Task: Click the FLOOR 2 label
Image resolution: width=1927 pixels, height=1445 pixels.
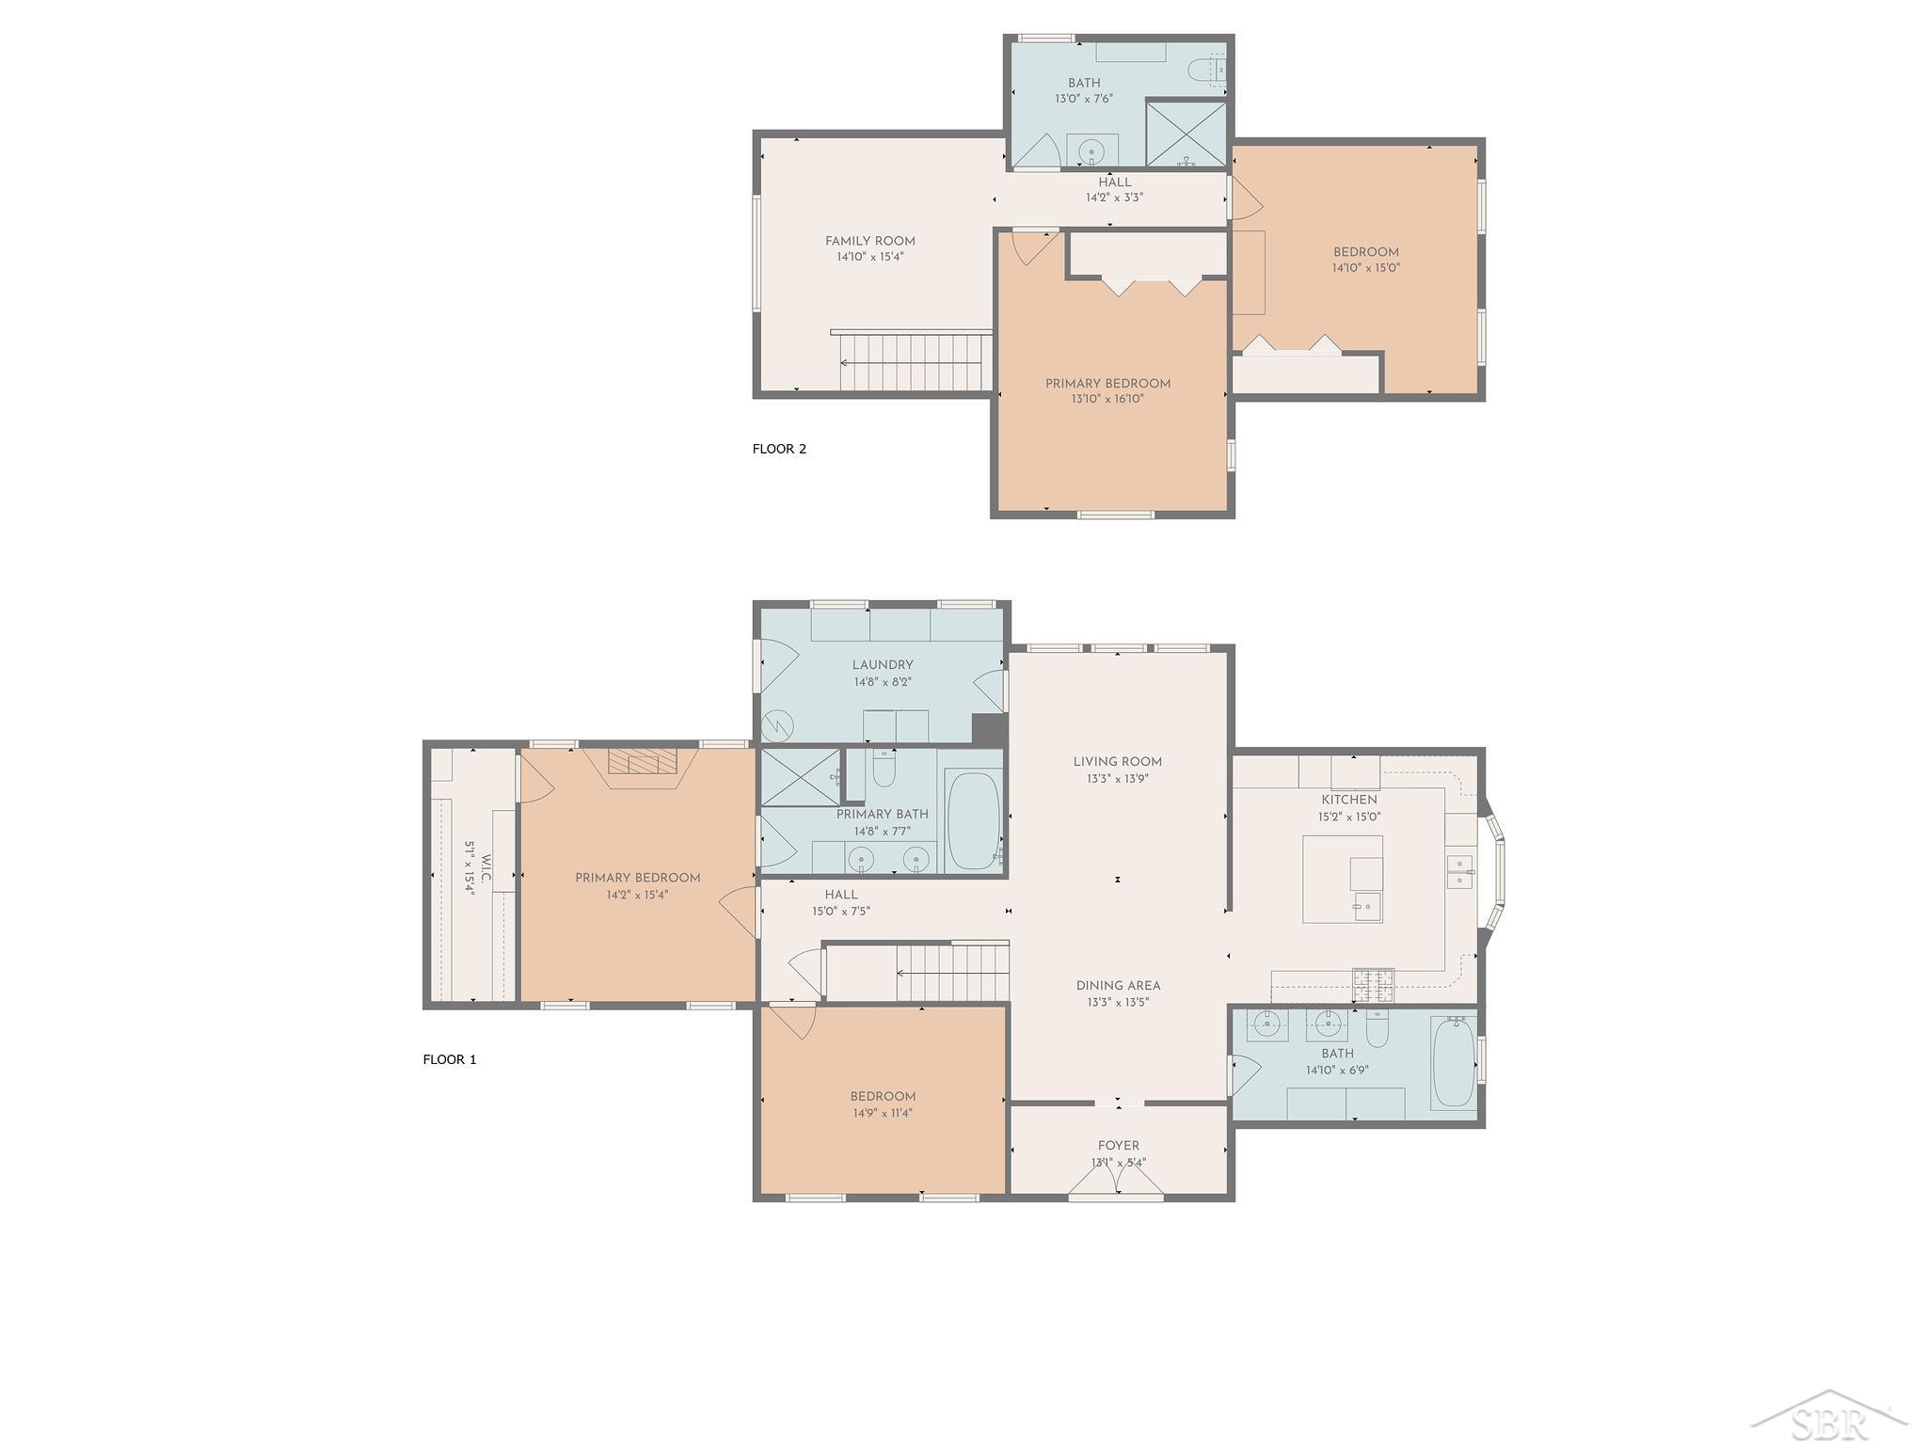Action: tap(779, 449)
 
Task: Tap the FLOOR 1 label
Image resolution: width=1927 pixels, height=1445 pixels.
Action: tap(450, 1059)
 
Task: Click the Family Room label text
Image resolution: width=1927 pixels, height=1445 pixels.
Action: tap(870, 241)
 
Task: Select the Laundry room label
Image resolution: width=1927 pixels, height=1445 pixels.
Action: tap(883, 665)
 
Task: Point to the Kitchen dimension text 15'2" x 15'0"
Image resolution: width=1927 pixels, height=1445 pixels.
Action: tap(1349, 817)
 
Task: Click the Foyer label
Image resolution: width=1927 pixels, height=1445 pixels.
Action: tap(1119, 1146)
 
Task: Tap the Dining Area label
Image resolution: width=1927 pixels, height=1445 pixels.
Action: tap(1119, 986)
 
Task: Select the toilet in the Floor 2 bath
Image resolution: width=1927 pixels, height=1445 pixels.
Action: tap(1208, 70)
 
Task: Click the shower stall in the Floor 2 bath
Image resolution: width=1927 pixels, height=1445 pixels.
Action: tap(1186, 135)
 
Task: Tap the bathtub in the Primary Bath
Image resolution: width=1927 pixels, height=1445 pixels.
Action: tap(974, 820)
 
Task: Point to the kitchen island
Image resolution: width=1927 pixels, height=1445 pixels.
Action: tap(1343, 879)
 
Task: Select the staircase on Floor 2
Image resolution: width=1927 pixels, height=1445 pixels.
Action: tap(912, 361)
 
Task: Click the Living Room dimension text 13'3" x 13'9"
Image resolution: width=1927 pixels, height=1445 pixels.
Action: tap(1117, 779)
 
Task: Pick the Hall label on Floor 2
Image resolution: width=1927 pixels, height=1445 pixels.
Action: tap(1115, 183)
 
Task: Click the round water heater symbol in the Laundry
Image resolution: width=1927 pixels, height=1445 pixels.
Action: tap(778, 725)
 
